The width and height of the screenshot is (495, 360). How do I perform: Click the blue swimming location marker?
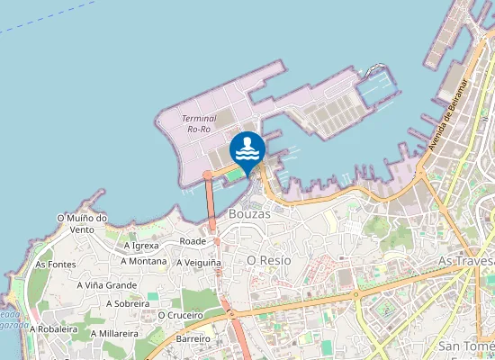pos(247,149)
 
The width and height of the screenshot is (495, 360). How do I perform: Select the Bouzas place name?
pos(249,214)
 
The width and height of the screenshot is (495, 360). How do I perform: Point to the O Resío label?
pos(269,259)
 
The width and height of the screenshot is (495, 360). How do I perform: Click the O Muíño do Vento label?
pos(82,223)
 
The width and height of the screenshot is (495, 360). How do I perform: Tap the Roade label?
pos(193,241)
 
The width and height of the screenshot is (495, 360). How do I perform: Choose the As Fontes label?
pos(56,265)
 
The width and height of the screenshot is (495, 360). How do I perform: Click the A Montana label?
pos(144,261)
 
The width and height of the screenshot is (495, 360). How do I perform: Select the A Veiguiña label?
pos(198,262)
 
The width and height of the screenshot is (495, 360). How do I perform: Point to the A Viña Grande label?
pos(107,284)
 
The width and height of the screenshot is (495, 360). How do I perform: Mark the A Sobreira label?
pos(127,303)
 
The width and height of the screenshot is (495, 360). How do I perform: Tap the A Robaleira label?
pos(54,329)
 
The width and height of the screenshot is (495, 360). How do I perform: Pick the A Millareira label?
pos(112,333)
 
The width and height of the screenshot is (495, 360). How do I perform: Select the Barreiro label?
pos(193,338)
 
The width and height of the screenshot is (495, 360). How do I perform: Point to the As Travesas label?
pos(465,260)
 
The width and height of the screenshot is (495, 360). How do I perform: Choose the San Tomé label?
pos(465,346)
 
